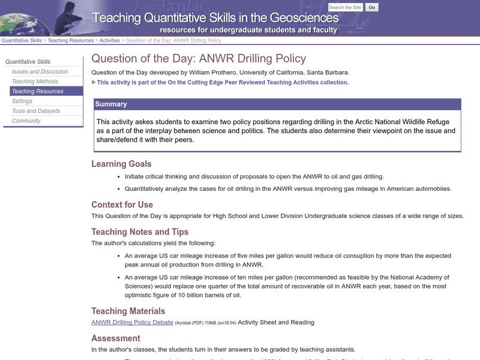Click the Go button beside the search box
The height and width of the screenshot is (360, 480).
coord(372,8)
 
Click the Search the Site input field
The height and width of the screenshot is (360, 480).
coord(346,8)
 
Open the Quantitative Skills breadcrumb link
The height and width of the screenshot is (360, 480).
coord(22,41)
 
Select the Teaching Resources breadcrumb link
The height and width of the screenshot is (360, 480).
coord(71,41)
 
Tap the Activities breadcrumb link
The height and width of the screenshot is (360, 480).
coord(109,41)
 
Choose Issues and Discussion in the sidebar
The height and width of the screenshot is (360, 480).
coord(40,71)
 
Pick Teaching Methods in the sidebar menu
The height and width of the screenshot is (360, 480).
coord(35,82)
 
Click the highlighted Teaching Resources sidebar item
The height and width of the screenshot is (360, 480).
coord(37,91)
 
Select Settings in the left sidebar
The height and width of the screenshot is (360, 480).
coord(22,101)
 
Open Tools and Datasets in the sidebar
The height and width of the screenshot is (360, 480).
coord(36,111)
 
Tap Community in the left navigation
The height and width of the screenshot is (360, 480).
coord(26,121)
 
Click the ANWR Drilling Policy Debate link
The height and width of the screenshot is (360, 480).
coord(132,322)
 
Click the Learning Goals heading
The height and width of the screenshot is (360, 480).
coord(121,164)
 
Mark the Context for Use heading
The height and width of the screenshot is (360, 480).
coord(122,205)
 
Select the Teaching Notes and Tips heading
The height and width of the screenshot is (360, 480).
coord(140,232)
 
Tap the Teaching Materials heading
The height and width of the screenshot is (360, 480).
coord(128,311)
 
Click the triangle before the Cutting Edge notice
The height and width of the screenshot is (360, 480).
coord(94,82)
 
